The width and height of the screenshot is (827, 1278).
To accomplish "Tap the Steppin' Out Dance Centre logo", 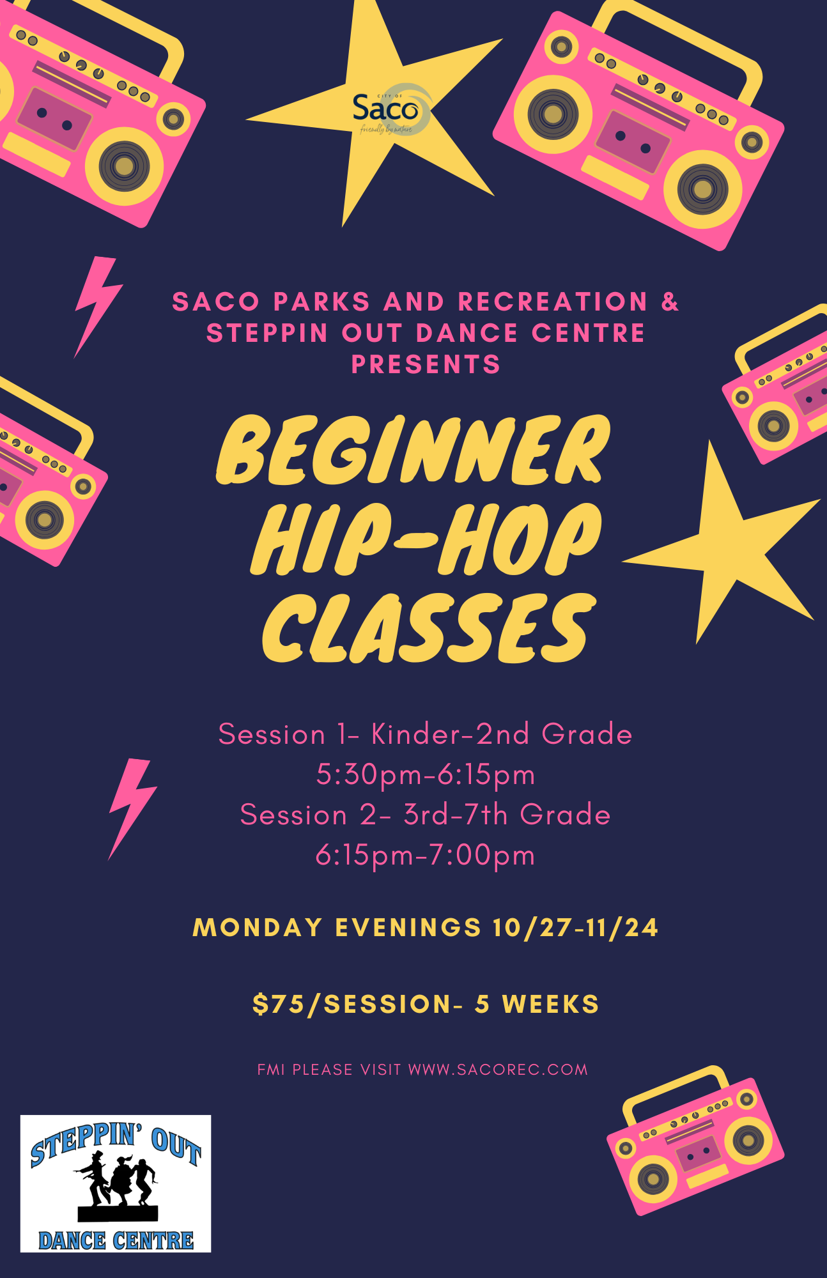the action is pyautogui.click(x=116, y=1183).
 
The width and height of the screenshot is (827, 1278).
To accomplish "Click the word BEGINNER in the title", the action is pyautogui.click(x=413, y=450).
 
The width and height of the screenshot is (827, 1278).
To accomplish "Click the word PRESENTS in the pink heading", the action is pyautogui.click(x=426, y=364).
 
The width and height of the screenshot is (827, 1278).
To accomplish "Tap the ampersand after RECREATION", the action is pyautogui.click(x=670, y=302).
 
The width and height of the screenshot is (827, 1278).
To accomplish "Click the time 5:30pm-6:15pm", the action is pyautogui.click(x=426, y=775).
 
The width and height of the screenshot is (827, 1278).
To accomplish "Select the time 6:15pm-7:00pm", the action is pyautogui.click(x=426, y=855).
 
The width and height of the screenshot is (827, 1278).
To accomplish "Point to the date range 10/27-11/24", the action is pyautogui.click(x=575, y=927).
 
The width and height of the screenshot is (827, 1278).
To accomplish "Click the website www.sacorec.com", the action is pyautogui.click(x=498, y=1070).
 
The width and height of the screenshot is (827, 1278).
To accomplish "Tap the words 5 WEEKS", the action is pyautogui.click(x=537, y=1004).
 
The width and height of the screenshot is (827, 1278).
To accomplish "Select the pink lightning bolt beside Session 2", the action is pyautogui.click(x=132, y=808).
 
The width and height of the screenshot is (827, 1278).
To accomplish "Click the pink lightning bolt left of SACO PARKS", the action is pyautogui.click(x=98, y=306).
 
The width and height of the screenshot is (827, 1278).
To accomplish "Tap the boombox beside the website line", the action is pyautogui.click(x=695, y=1140).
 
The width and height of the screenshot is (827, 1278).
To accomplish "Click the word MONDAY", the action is pyautogui.click(x=258, y=927).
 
